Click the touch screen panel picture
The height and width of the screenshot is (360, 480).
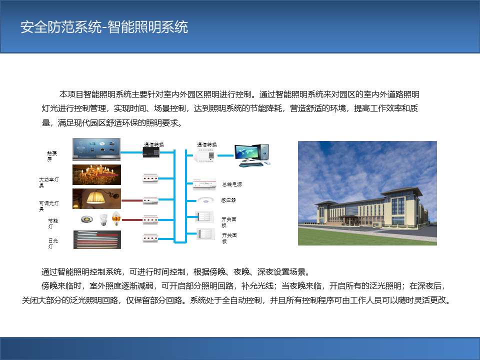click(96, 149)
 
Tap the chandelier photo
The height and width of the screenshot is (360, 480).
click(96, 175)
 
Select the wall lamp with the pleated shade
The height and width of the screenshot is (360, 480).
click(96, 198)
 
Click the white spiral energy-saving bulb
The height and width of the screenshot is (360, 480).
click(104, 219)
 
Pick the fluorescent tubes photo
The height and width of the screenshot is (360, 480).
click(97, 239)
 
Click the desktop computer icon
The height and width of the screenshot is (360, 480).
click(252, 155)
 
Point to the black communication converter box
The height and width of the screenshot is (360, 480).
click(151, 152)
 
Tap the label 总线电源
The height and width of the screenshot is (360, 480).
click(232, 184)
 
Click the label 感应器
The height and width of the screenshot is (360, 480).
click(228, 200)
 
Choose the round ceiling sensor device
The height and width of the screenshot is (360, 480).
click(205, 200)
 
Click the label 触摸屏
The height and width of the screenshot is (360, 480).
click(51, 156)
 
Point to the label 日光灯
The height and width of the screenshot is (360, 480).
click(53, 243)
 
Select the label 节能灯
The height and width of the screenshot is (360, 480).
click(52, 223)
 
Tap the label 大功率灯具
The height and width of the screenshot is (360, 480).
click(48, 182)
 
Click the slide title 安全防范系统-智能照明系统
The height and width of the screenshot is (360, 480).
click(104, 27)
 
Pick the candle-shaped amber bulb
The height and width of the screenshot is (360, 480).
click(116, 218)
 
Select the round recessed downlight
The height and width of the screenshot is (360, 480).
click(87, 219)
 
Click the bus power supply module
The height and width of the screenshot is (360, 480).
click(204, 184)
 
